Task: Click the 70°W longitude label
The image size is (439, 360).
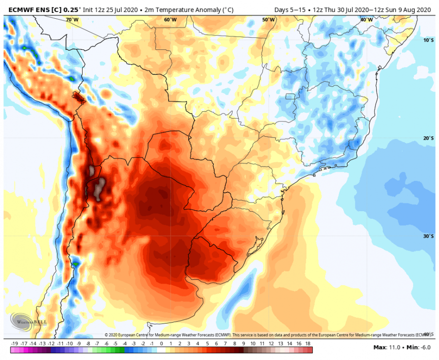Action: click(x=73, y=20)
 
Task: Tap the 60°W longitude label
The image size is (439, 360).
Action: click(x=170, y=20)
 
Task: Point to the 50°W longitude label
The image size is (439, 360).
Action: click(x=268, y=20)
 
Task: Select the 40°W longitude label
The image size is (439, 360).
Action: click(x=366, y=20)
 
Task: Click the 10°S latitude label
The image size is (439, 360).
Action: click(x=428, y=40)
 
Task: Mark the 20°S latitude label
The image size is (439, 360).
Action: click(x=428, y=138)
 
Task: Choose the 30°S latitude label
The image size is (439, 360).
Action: click(x=428, y=236)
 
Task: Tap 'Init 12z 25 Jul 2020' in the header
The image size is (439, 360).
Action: click(x=110, y=10)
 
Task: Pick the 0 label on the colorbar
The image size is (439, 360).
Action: click(x=161, y=344)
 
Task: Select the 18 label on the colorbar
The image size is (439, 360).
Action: click(x=308, y=344)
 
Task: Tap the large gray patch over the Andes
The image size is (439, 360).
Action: click(x=99, y=189)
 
